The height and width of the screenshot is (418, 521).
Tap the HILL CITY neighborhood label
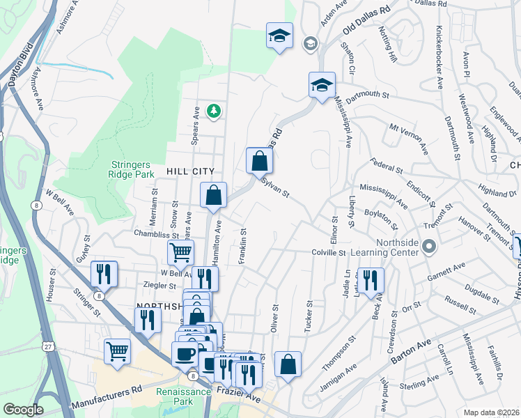[189, 171]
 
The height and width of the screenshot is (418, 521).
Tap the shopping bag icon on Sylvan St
[259, 161]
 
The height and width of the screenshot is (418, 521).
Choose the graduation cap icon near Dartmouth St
[322, 86]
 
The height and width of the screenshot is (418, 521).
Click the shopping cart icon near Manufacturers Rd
[118, 351]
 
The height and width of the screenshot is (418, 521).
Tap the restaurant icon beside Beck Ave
[371, 281]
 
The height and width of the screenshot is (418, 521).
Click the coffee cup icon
[185, 354]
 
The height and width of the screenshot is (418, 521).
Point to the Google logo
[23, 410]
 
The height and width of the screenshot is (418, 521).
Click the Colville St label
[329, 251]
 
